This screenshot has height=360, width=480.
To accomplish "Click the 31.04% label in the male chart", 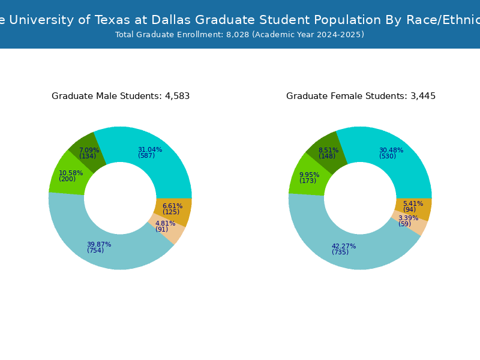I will click(150, 150).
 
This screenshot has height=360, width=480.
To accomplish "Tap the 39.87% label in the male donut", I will click(99, 245).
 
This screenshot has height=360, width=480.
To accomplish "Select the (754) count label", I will click(95, 251).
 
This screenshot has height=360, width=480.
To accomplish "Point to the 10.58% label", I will click(71, 173).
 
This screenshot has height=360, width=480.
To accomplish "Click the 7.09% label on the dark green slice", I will click(89, 151).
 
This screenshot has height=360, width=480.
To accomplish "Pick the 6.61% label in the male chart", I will click(172, 206).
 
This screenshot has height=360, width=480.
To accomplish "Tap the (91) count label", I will click(162, 230).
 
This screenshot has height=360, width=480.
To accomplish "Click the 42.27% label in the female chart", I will click(344, 247).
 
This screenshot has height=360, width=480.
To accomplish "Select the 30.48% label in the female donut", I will click(391, 151).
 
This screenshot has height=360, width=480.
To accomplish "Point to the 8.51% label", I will click(328, 151).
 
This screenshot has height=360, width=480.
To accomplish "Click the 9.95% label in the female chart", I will click(310, 175).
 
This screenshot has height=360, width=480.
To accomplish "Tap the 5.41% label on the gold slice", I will click(413, 204).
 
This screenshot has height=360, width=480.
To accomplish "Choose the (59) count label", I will click(405, 224).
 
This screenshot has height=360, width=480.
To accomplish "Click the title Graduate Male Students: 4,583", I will click(121, 96).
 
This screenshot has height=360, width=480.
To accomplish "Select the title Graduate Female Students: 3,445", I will click(361, 96).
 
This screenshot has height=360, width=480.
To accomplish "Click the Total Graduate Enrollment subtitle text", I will click(240, 35).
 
